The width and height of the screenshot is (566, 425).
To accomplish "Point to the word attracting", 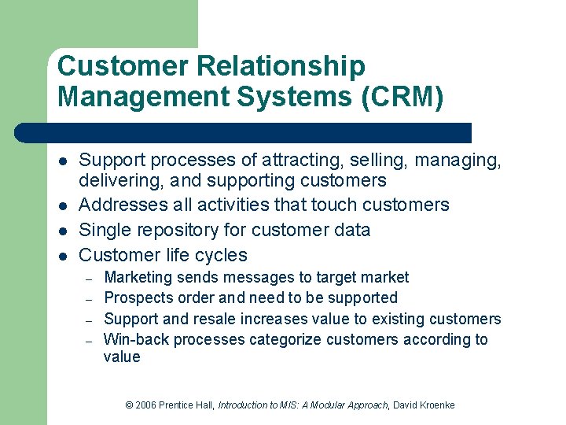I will point(300,161).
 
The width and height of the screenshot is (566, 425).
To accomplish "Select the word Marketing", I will point(138,277).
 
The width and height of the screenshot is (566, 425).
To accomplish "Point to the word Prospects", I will point(138,298).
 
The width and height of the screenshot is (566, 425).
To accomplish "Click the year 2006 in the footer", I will point(145,405).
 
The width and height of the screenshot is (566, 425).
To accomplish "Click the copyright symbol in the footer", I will point(130,405).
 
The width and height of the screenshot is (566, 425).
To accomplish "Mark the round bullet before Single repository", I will point(62,231).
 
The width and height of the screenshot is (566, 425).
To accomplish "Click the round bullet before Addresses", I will point(62,206).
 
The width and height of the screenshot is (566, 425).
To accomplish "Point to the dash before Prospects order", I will point(90,299).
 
